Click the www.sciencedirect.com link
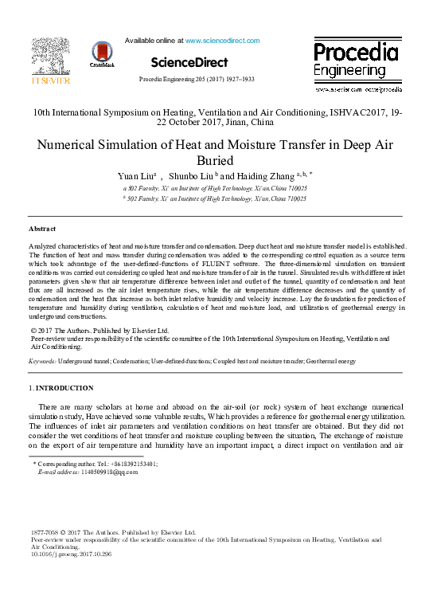coord(222,40)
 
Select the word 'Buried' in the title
coord(216,160)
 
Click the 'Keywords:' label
coord(42,361)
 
